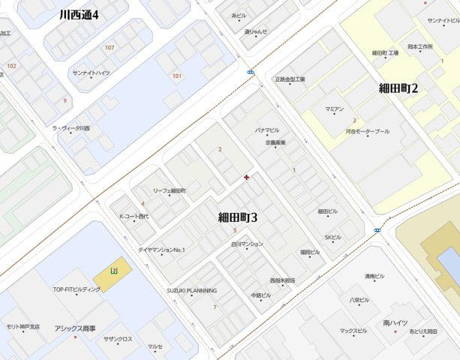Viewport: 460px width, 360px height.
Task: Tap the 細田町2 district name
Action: point(398,88)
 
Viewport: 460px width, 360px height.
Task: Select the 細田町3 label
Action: point(238,218)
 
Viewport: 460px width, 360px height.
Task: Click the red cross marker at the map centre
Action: point(247,177)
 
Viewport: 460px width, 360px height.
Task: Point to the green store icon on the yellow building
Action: point(113,270)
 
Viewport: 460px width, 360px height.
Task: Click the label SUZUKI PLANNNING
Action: point(191,290)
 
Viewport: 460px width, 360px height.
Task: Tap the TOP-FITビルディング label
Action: point(76,289)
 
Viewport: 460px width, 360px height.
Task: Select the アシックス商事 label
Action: point(75,328)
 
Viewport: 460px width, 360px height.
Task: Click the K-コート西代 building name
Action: point(134,217)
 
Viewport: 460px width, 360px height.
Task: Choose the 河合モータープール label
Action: point(368,131)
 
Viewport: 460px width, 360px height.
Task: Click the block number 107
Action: point(110,48)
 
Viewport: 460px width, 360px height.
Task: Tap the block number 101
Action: point(177,76)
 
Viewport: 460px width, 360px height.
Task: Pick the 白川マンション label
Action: point(248,244)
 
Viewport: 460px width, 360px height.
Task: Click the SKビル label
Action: point(332,238)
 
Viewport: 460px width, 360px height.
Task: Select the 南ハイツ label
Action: point(395,322)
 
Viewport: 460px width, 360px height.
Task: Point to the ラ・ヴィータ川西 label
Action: point(71,128)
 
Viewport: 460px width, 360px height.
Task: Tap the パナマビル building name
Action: point(267,130)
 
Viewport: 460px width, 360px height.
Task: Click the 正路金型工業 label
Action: point(290,79)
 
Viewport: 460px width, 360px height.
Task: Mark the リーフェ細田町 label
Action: point(169,191)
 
